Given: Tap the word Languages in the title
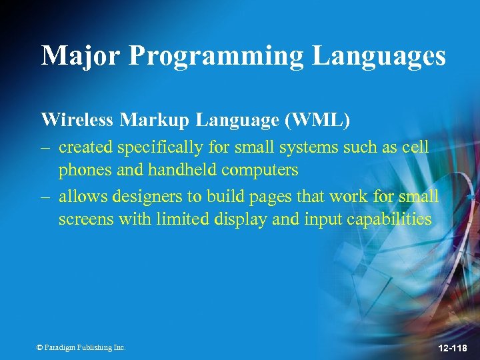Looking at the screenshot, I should (x=379, y=55).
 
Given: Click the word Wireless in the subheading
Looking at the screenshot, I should (x=78, y=120).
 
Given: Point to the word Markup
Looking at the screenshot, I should (x=153, y=120).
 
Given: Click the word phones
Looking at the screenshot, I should (x=83, y=171).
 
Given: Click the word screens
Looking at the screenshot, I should (x=86, y=219).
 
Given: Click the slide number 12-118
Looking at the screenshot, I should (x=453, y=349).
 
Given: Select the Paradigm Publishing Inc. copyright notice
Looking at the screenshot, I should (x=81, y=347).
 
